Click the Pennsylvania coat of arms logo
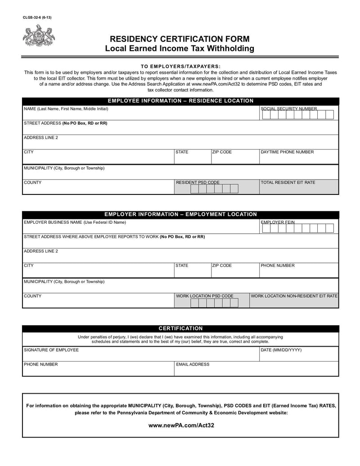tap(39, 36)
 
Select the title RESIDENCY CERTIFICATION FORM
tap(180, 39)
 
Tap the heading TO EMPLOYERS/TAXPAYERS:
tap(180, 66)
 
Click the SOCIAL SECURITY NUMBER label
tap(289, 109)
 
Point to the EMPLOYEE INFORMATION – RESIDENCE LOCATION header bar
tap(180, 101)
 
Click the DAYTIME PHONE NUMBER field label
tap(287, 152)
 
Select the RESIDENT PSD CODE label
tap(198, 182)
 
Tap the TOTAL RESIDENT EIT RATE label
tap(288, 182)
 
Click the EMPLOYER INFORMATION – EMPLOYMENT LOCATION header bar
tap(180, 214)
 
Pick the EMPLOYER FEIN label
tap(278, 222)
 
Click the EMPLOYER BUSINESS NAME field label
tap(75, 222)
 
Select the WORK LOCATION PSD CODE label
tap(205, 296)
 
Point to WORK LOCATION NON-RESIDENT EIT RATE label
tap(294, 296)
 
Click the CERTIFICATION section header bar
tap(180, 328)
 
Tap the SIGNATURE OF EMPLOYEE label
tap(51, 350)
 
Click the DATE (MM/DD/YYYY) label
tap(281, 350)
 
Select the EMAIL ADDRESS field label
tap(193, 364)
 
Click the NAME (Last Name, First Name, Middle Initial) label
tap(66, 109)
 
